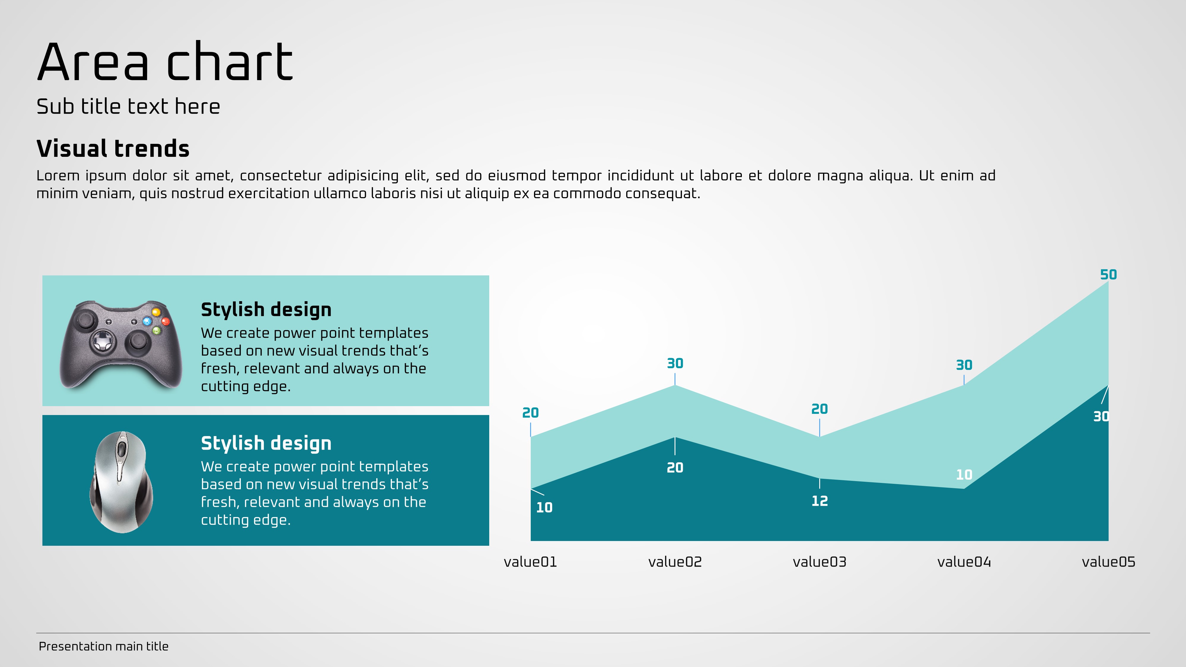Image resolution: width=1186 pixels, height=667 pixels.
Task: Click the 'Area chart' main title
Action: coord(165,61)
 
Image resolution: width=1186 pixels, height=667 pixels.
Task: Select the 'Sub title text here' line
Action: coord(128,106)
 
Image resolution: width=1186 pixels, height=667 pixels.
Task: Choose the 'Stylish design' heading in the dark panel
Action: coord(266,443)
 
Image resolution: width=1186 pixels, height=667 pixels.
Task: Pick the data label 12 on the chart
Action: coord(820,501)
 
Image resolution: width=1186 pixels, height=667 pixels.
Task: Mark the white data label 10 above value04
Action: coord(964,475)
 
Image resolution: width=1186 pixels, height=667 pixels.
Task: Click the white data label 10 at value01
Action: coord(544,507)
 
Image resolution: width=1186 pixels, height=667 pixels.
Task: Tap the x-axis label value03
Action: coord(820,562)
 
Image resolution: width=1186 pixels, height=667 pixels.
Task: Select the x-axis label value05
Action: coord(1108,562)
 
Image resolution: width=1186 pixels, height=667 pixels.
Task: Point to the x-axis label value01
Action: coord(530,562)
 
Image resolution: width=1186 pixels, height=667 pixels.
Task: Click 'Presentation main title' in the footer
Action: coord(103,646)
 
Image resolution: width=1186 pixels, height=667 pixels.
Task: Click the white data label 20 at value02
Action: coord(675,468)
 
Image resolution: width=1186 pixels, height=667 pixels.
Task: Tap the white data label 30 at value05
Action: coord(1101,417)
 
